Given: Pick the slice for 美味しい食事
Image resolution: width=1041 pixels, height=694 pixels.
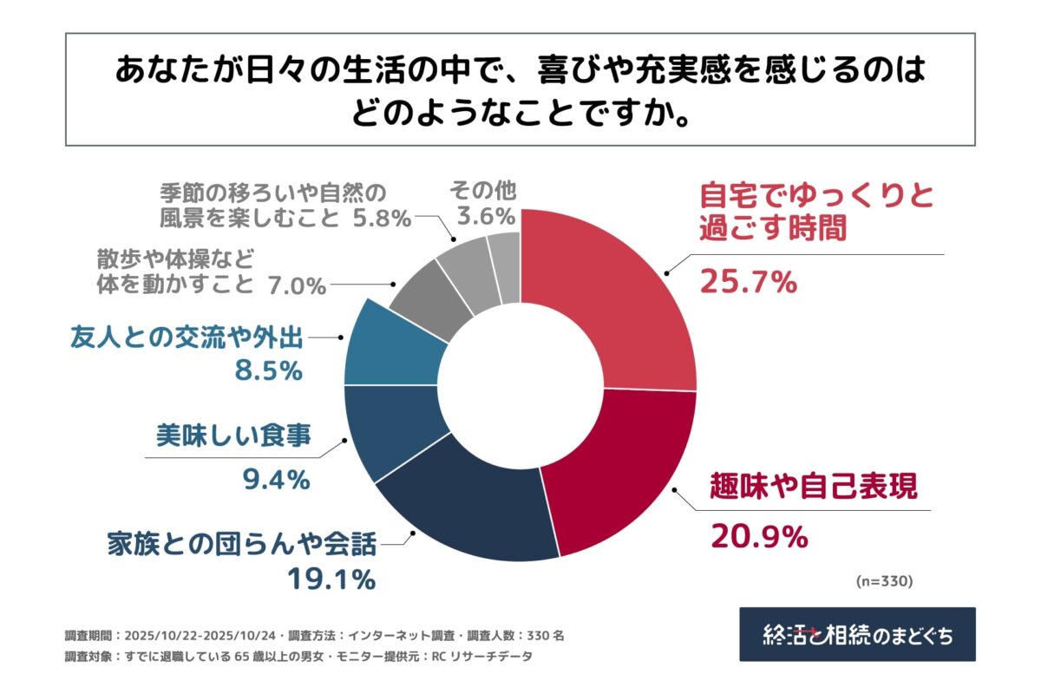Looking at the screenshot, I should (386, 434).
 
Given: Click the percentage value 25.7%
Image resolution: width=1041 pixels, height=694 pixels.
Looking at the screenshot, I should (748, 282).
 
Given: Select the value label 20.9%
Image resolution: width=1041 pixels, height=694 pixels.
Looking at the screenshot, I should (759, 538).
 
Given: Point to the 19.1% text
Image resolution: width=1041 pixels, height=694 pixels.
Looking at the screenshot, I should (331, 578).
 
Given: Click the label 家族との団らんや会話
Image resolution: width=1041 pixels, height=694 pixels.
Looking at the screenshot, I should (242, 545).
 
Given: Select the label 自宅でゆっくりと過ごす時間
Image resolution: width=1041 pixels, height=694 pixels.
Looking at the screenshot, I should (815, 210).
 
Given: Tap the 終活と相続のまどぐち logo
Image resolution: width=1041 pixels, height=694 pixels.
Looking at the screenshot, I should (857, 634).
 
